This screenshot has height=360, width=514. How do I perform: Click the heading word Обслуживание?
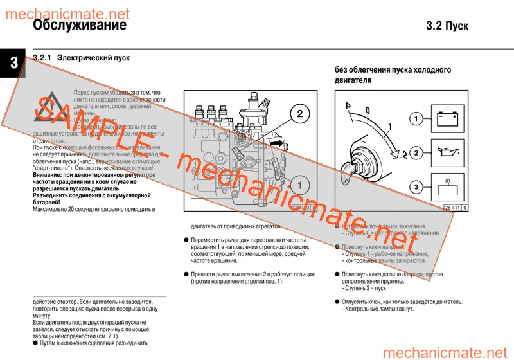pos(79,26)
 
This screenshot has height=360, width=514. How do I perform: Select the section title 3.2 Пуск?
pos(447,26)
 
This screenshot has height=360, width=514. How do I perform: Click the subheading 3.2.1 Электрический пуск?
pos(81,58)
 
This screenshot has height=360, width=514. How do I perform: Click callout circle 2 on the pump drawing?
pos(299,114)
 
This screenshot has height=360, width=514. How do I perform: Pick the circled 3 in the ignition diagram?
pos(417,187)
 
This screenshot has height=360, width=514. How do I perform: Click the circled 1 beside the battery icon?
pos(417,119)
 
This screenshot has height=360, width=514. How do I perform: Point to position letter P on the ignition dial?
pos(348,105)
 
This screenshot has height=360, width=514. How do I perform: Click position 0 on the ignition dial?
pos(368,111)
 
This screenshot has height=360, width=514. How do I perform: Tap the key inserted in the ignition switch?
pos(353,168)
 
